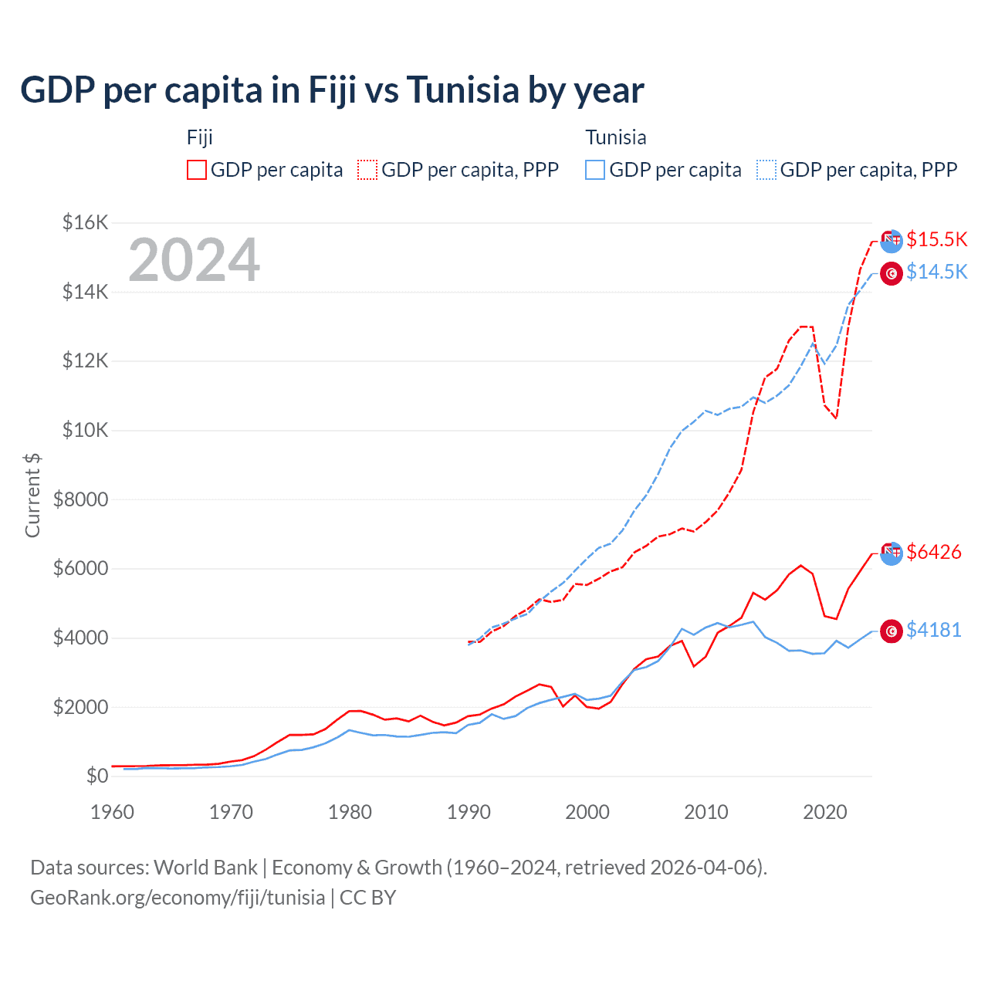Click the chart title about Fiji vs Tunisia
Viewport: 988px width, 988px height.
[x=332, y=90]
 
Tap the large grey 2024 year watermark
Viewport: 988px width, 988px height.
[x=194, y=260]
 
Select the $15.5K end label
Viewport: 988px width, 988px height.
[x=936, y=239]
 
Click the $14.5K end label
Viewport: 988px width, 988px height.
[x=936, y=272]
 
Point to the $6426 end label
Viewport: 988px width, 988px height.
[x=933, y=552]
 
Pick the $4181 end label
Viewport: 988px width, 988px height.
[x=933, y=630]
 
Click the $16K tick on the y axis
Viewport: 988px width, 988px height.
[x=85, y=223]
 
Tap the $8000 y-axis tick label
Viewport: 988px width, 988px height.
[x=80, y=499]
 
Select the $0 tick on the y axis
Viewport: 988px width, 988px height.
[x=96, y=776]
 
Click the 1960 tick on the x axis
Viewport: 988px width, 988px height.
[x=113, y=812]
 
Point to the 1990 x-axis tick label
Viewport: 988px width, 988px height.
[x=469, y=812]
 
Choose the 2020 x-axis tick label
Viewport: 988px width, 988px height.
[x=825, y=812]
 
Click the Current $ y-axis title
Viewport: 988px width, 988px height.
[x=32, y=495]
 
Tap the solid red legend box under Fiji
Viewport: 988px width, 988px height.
[x=197, y=170]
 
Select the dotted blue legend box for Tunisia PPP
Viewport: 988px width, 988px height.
[x=766, y=170]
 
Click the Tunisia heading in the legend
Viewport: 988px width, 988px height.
[x=615, y=137]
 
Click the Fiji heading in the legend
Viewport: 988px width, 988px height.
[x=199, y=137]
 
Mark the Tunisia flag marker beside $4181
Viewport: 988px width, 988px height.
[x=892, y=631]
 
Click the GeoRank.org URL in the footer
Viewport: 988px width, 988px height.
[x=178, y=898]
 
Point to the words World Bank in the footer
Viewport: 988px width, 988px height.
[x=205, y=868]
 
